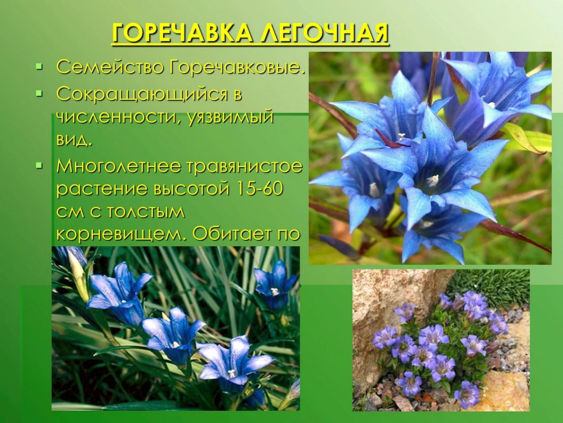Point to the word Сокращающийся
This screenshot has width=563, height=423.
pyautogui.click(x=142, y=95)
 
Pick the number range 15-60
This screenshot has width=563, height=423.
pyautogui.click(x=258, y=189)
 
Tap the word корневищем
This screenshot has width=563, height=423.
pyautogui.click(x=122, y=234)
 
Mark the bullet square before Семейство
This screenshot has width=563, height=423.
pyautogui.click(x=39, y=66)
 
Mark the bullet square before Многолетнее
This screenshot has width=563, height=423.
pyautogui.click(x=39, y=166)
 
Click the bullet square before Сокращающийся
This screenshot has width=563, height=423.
pyautogui.click(x=39, y=93)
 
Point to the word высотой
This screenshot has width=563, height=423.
pyautogui.click(x=191, y=189)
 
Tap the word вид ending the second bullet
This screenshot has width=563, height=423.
pyautogui.click(x=74, y=140)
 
